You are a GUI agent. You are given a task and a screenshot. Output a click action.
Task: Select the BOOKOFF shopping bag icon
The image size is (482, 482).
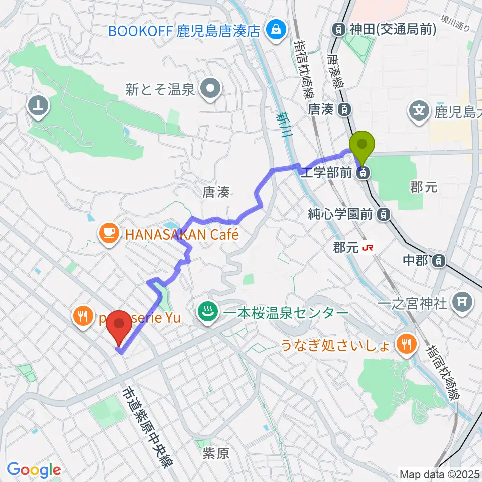pos(276,29)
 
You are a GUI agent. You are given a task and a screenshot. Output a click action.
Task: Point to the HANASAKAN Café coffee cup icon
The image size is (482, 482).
pos(109,232)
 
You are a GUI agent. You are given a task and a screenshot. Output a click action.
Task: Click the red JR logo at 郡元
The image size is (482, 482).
pos(370,247)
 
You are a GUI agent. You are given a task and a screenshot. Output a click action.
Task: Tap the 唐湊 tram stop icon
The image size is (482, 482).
pos(344,108)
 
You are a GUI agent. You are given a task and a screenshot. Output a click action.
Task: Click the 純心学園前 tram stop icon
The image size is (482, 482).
pos(384,214)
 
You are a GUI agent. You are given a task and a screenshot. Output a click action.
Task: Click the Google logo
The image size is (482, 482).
pos(34,470)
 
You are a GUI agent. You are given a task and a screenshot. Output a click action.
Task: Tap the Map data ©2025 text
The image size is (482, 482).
pos(439,474)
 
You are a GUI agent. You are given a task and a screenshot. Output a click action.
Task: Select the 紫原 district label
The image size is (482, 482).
pos(216,454)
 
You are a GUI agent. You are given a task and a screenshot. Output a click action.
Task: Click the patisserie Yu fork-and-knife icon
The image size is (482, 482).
pos(82,315)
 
